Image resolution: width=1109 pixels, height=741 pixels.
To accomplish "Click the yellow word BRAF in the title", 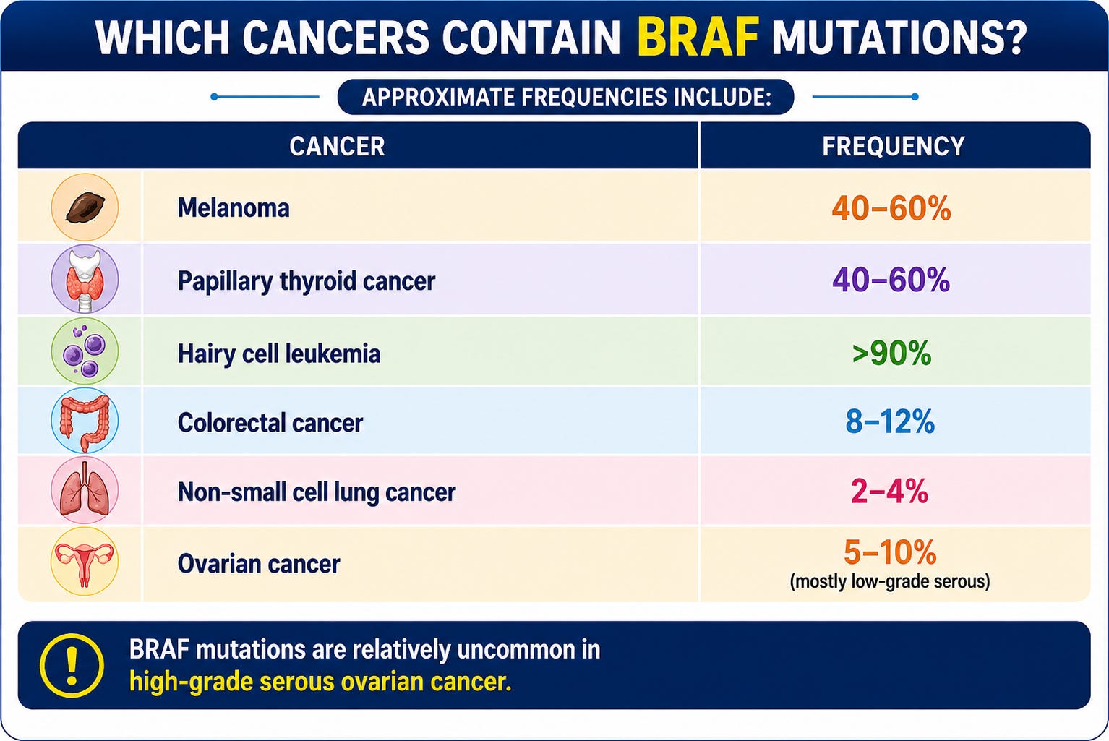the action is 698,37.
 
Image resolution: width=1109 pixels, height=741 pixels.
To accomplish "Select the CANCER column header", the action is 337,147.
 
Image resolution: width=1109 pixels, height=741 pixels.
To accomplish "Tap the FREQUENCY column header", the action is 894,147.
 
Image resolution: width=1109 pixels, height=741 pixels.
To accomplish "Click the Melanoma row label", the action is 234,208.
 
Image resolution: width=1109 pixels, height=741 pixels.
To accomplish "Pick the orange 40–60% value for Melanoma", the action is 891,208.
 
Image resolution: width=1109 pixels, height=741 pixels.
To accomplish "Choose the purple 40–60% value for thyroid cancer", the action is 891,280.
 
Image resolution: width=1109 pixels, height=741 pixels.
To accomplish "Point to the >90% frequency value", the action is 891,354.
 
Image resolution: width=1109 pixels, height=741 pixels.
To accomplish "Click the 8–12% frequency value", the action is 890,421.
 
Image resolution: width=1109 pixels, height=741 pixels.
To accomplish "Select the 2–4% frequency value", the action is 889,492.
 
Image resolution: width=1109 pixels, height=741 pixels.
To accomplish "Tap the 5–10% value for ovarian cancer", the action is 890,552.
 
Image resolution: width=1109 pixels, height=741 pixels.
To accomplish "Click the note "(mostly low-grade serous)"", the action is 890,581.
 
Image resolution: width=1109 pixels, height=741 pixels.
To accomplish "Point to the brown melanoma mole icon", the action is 85,207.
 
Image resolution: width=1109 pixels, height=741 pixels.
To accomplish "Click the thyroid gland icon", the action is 85,279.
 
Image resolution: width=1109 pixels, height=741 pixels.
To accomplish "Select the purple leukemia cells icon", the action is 85,351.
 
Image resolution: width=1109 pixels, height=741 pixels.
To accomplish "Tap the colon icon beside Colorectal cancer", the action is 85,421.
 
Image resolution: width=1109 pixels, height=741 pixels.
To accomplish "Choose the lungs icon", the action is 85,491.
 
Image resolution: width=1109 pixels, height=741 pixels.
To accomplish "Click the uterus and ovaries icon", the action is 85,561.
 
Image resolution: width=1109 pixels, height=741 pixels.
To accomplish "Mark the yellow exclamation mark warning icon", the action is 72,666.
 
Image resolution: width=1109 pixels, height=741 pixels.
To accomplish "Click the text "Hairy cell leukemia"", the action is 279,354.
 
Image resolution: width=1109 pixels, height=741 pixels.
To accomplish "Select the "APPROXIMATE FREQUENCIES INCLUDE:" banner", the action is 566,97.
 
